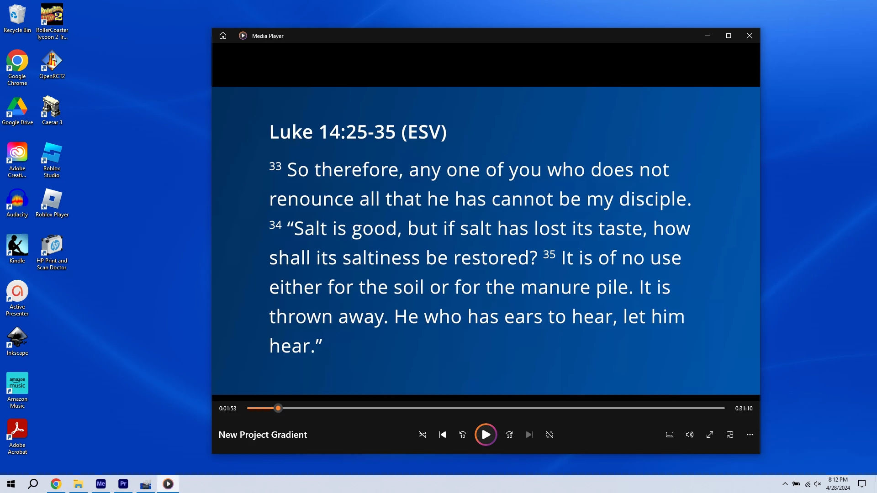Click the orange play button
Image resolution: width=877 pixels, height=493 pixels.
point(486,435)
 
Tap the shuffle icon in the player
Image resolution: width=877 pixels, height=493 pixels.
point(423,435)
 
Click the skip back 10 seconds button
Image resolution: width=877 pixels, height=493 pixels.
point(463,435)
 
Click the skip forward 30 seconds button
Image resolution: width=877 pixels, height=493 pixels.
point(509,435)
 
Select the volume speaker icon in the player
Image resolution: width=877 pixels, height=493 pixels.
point(690,435)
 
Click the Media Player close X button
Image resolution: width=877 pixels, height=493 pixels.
point(750,36)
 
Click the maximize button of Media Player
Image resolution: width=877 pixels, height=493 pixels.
point(729,36)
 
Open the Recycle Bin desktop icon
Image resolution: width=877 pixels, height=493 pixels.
point(17,19)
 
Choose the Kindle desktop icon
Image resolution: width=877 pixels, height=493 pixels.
point(17,249)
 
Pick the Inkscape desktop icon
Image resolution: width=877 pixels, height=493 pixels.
point(17,341)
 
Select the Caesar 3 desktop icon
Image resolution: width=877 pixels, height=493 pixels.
point(52,110)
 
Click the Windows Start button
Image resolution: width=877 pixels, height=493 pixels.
point(11,484)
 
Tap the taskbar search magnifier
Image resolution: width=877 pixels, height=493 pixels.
point(33,484)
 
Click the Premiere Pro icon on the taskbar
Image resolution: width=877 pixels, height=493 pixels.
point(123,484)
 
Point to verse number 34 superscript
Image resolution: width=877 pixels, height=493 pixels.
point(275,225)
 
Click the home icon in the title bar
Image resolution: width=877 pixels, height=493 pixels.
point(223,36)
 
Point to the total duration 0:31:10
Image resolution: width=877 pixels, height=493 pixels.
point(744,409)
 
